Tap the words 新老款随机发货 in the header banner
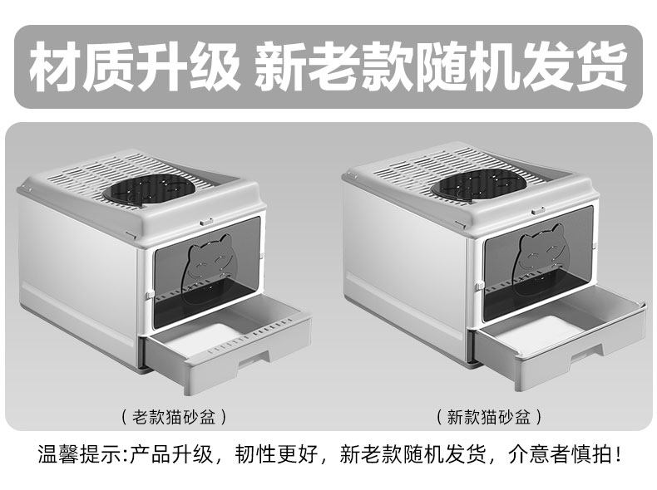tap(440, 69)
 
